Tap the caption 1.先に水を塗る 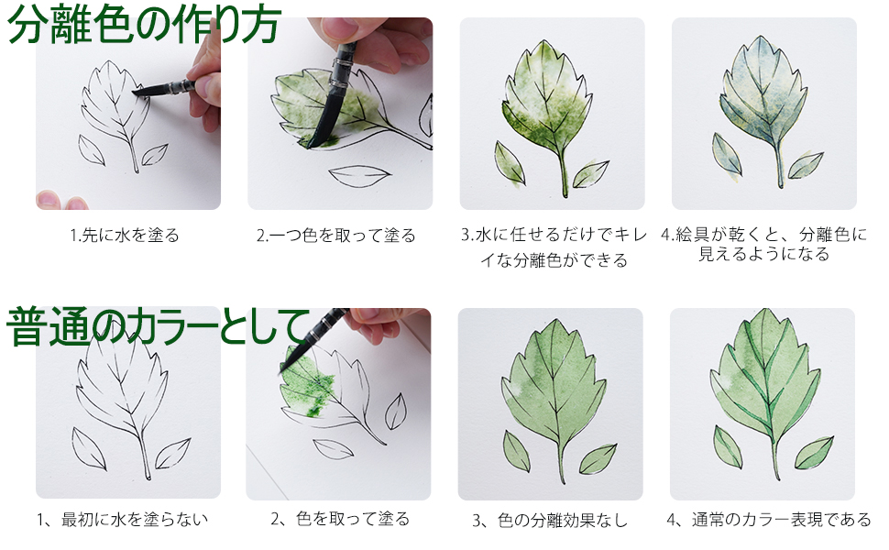125,236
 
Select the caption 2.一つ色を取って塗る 336,236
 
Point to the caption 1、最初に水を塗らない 123,520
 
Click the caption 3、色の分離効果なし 550,521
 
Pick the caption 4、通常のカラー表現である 768,520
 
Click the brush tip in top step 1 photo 139,92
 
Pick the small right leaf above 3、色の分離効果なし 598,457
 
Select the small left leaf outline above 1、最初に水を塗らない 89,447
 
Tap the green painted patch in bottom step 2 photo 307,390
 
